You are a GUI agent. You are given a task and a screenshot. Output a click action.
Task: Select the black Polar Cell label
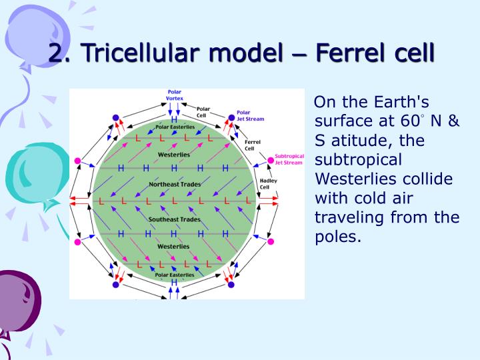[x=203, y=111]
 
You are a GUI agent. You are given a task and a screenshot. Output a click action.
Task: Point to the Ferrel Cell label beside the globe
[x=253, y=145]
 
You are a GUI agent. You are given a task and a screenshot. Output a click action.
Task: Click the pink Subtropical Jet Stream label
[x=289, y=159]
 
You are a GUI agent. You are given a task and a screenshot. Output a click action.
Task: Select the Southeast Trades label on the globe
[x=173, y=219]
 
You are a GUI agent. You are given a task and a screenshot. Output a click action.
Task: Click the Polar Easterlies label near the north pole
[x=174, y=127]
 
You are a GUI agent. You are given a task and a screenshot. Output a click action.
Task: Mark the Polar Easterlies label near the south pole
[x=174, y=275]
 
